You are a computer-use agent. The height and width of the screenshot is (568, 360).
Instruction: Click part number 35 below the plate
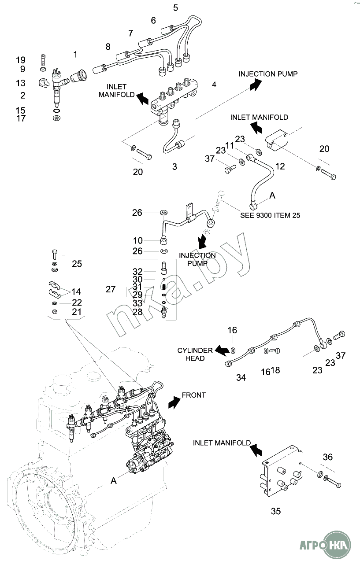[275, 511]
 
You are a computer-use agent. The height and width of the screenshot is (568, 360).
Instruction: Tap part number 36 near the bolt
[327, 457]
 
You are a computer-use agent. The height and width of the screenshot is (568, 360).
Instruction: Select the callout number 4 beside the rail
[214, 84]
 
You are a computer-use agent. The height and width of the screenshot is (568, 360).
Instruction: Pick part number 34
[241, 377]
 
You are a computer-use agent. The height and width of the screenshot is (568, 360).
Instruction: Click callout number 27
[111, 289]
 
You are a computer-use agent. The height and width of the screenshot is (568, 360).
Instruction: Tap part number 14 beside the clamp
[76, 291]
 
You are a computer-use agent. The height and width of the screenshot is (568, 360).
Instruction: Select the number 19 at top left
[21, 60]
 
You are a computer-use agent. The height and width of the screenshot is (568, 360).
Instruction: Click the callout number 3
[174, 167]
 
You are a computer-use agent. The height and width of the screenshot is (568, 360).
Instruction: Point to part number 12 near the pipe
[280, 166]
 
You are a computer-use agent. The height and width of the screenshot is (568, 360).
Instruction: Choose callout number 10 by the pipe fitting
[138, 240]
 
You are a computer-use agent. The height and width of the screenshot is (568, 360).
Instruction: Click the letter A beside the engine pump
[114, 481]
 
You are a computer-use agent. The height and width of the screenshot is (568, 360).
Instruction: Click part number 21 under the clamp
[77, 312]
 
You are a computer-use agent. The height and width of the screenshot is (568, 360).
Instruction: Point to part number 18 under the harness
[275, 370]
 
